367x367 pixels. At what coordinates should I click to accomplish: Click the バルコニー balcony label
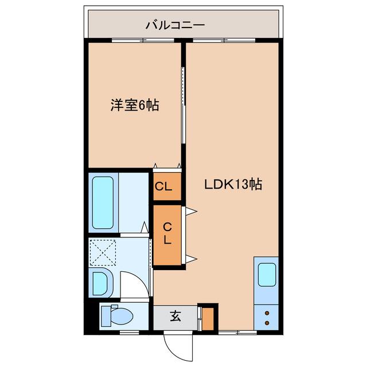(175, 25)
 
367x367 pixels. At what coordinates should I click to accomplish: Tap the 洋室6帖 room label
(135, 106)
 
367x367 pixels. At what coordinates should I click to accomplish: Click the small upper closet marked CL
(167, 186)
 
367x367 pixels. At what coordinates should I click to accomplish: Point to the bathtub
(103, 202)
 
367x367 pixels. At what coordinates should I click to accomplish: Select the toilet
(119, 315)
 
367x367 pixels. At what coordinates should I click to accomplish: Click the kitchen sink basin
(267, 275)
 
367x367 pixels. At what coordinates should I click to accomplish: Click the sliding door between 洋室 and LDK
(183, 106)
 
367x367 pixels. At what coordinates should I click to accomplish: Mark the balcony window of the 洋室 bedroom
(135, 40)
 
